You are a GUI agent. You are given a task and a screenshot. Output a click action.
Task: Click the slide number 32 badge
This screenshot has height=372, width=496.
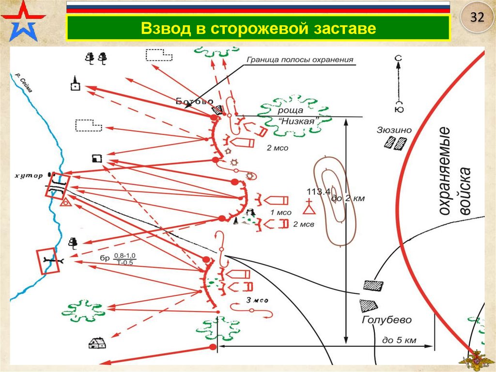(477, 18)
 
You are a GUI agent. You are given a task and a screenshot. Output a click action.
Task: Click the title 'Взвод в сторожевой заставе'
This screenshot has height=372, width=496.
(259, 28)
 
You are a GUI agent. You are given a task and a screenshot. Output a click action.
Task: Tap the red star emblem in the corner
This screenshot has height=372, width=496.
(22, 20)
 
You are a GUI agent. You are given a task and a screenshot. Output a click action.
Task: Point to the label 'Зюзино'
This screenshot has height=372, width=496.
(394, 130)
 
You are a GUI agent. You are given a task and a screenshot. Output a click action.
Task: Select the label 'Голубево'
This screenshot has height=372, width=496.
(386, 320)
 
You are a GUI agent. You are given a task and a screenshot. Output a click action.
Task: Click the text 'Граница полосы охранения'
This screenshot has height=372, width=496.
(300, 60)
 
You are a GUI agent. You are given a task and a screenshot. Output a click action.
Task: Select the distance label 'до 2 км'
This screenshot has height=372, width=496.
(347, 198)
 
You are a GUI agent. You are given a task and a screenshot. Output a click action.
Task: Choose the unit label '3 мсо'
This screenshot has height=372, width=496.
(257, 300)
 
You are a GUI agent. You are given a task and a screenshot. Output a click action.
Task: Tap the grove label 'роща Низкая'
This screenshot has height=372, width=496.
(296, 116)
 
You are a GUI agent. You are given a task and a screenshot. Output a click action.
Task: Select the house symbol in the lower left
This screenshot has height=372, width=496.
(97, 343)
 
